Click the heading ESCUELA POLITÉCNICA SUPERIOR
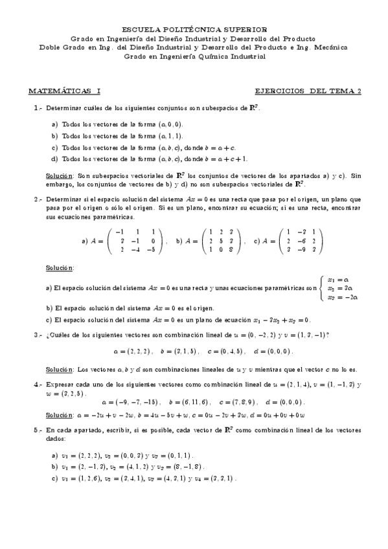click(x=194, y=29)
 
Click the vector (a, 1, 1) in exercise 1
click(x=170, y=136)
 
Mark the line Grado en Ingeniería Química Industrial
click(x=194, y=56)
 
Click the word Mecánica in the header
click(x=330, y=47)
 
